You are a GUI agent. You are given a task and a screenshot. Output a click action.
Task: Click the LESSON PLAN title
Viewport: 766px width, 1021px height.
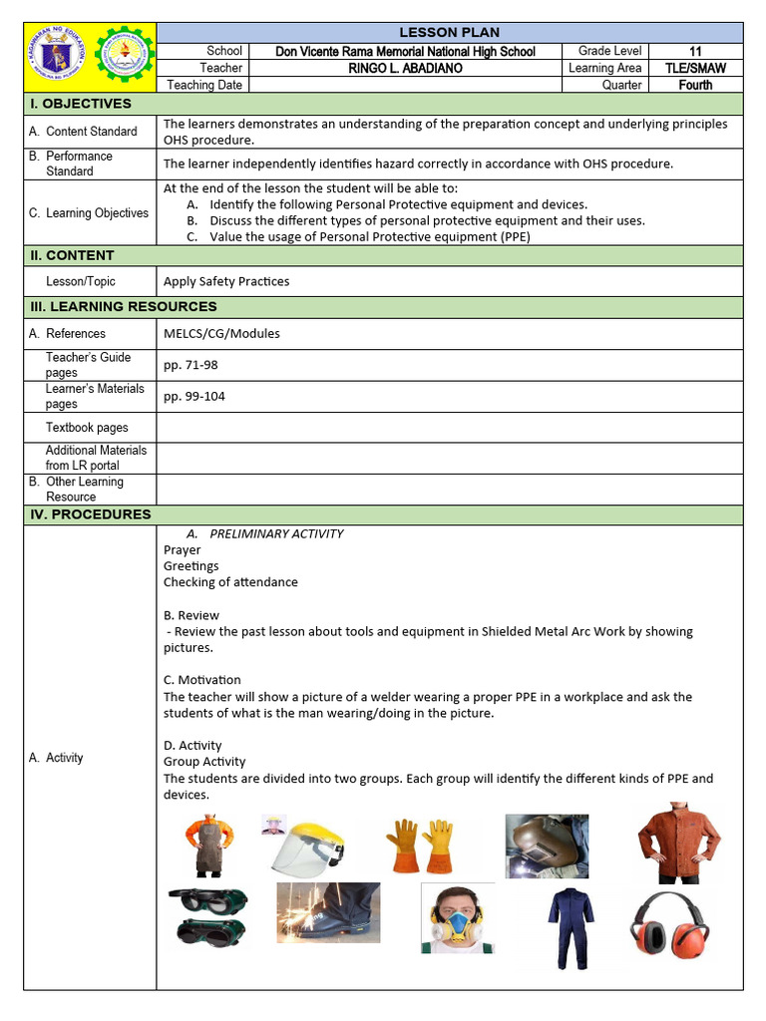(x=449, y=32)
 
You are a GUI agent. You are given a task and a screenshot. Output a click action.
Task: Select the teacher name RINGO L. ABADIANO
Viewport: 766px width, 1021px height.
(x=405, y=68)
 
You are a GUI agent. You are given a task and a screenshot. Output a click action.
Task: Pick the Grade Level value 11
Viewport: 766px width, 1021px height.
(x=695, y=51)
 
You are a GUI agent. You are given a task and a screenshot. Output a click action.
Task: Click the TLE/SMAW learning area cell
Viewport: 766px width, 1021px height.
(x=695, y=68)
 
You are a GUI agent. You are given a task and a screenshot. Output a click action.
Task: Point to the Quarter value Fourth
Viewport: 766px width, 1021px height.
(x=695, y=85)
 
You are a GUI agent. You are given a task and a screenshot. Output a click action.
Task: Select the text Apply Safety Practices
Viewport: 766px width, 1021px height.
(x=226, y=281)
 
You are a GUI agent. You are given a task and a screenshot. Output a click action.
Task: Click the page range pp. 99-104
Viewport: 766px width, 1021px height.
(x=194, y=396)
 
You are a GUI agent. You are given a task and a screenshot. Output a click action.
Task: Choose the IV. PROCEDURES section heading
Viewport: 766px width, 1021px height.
(x=87, y=514)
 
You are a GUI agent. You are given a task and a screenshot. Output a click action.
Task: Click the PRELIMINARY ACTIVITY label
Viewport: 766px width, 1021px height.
(x=276, y=533)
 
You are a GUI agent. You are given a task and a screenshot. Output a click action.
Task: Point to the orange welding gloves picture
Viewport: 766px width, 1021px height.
(x=420, y=846)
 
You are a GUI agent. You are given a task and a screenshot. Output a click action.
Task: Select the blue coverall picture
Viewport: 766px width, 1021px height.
(x=572, y=926)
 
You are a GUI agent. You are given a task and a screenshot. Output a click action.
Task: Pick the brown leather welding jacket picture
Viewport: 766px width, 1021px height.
(x=679, y=844)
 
